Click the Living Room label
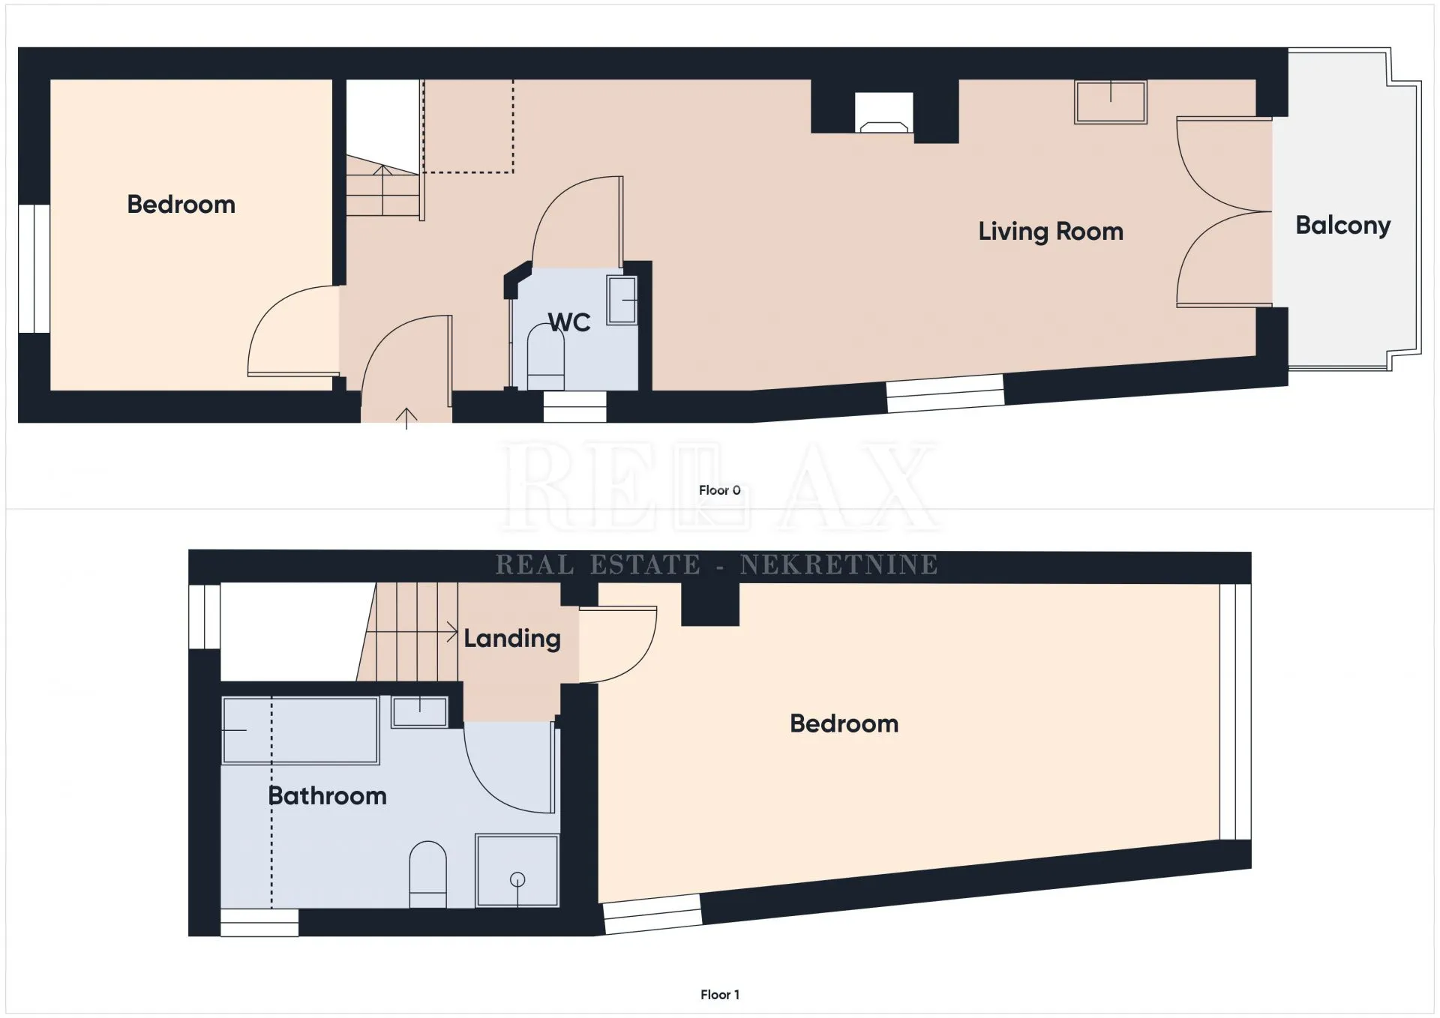[1051, 232]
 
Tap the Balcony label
[1343, 225]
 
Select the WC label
[569, 322]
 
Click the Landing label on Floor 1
[512, 639]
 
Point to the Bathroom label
[328, 795]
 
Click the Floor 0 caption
[720, 490]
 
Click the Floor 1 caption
[720, 995]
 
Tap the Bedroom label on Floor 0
[181, 204]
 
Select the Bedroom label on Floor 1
[844, 723]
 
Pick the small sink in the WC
[622, 300]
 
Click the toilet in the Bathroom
[428, 875]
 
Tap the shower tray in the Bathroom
[517, 871]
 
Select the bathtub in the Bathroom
[300, 730]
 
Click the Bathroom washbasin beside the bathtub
[420, 711]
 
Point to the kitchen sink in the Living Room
[1111, 102]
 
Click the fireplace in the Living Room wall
[885, 112]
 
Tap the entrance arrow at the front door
[406, 418]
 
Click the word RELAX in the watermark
[720, 485]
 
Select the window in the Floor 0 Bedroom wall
[34, 268]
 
